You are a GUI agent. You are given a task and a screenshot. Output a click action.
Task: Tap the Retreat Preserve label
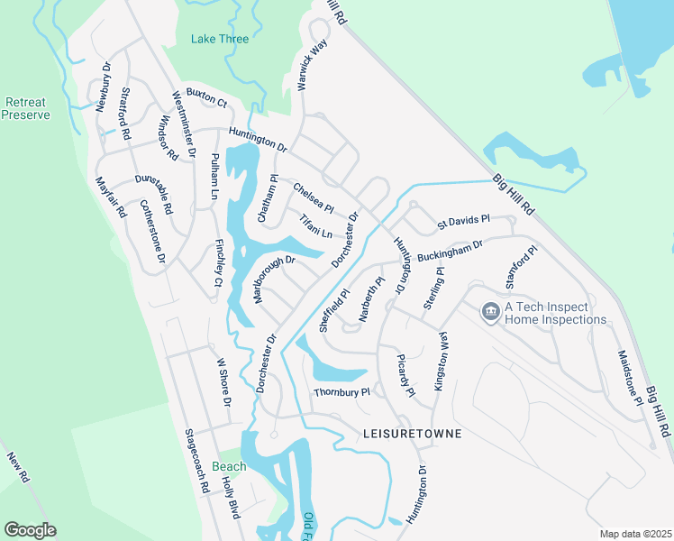(24, 108)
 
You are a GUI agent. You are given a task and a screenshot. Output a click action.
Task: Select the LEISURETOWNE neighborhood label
(412, 434)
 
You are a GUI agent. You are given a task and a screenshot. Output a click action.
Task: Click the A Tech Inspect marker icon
(491, 312)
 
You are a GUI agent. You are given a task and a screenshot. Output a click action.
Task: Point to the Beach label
(229, 466)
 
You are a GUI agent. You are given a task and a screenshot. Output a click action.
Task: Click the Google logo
(30, 529)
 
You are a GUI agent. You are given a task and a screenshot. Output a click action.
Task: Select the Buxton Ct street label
(206, 98)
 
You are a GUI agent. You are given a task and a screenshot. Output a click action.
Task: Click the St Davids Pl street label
(463, 220)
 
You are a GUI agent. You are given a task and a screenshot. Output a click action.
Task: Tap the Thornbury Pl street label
(342, 392)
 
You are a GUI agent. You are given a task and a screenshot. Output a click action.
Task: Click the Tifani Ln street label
(315, 226)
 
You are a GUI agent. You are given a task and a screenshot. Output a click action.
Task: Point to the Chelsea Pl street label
(314, 196)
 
